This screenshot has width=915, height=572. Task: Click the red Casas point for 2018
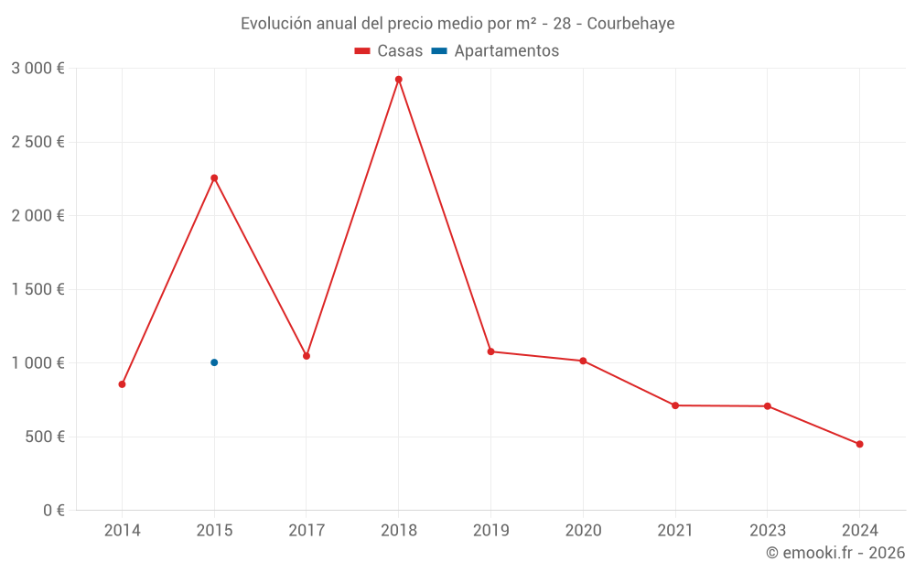(x=399, y=80)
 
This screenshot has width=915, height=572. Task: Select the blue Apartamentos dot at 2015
(x=214, y=362)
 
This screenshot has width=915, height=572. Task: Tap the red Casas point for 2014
(x=122, y=384)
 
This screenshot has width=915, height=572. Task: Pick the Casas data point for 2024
(x=859, y=444)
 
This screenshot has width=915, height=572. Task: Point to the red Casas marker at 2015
(x=214, y=178)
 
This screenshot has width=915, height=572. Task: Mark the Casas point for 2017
(x=307, y=356)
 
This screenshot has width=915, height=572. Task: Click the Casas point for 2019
(x=490, y=351)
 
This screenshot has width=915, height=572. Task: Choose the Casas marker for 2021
(x=675, y=405)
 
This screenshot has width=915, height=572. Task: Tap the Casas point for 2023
(x=767, y=406)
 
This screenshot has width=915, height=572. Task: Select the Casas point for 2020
(x=583, y=361)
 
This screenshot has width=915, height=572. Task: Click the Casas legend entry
(x=389, y=51)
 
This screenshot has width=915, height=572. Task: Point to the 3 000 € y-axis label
(x=38, y=69)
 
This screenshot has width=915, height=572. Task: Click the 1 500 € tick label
(x=38, y=289)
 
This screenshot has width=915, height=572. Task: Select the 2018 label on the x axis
(x=399, y=531)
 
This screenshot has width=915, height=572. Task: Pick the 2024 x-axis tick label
(x=859, y=531)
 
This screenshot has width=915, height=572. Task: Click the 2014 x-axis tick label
(x=122, y=531)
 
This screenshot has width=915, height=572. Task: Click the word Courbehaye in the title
(x=630, y=24)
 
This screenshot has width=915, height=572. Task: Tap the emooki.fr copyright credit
(x=835, y=553)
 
